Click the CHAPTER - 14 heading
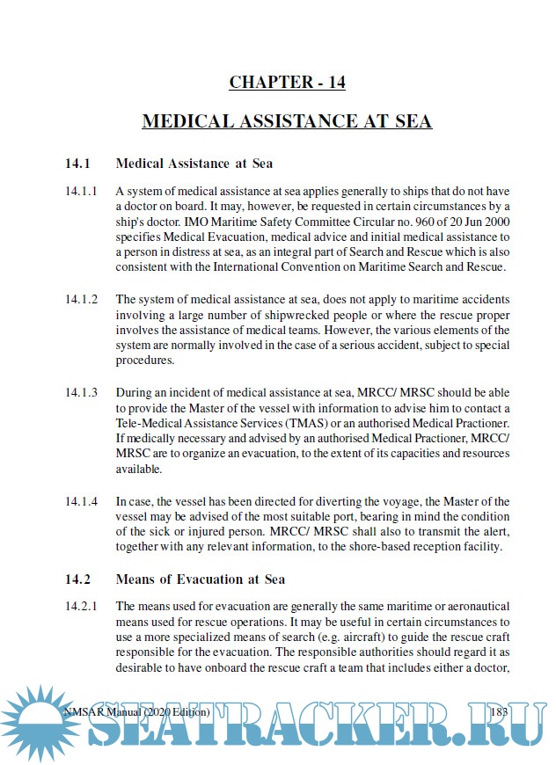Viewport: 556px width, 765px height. tap(287, 83)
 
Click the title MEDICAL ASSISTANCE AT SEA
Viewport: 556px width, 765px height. tap(287, 121)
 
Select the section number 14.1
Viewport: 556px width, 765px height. tap(77, 164)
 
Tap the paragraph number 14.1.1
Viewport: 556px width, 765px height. tap(81, 191)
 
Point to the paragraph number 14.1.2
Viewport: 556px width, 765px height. tap(81, 299)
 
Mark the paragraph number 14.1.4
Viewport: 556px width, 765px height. tap(81, 501)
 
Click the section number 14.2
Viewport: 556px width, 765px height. tap(77, 579)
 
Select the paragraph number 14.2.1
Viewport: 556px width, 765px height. tap(81, 607)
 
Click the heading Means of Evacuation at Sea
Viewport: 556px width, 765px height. tap(201, 579)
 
